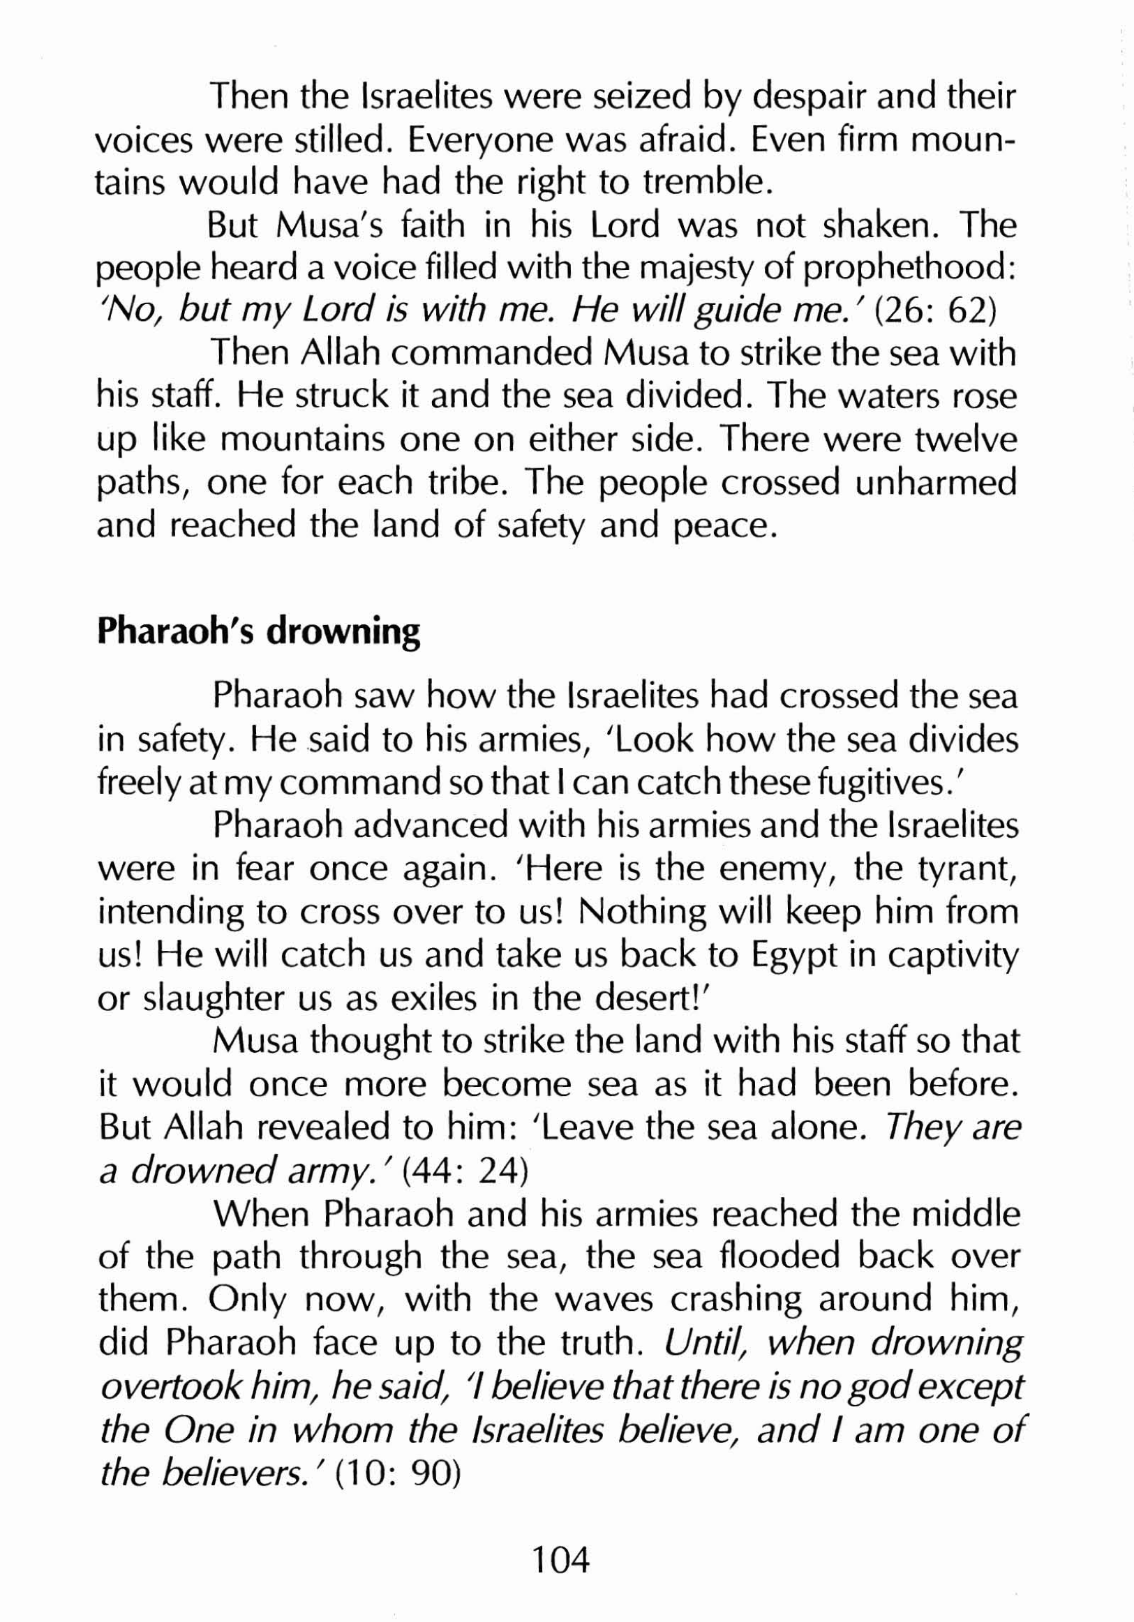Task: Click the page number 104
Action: [560, 1559]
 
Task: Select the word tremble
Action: [703, 183]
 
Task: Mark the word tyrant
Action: [968, 869]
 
